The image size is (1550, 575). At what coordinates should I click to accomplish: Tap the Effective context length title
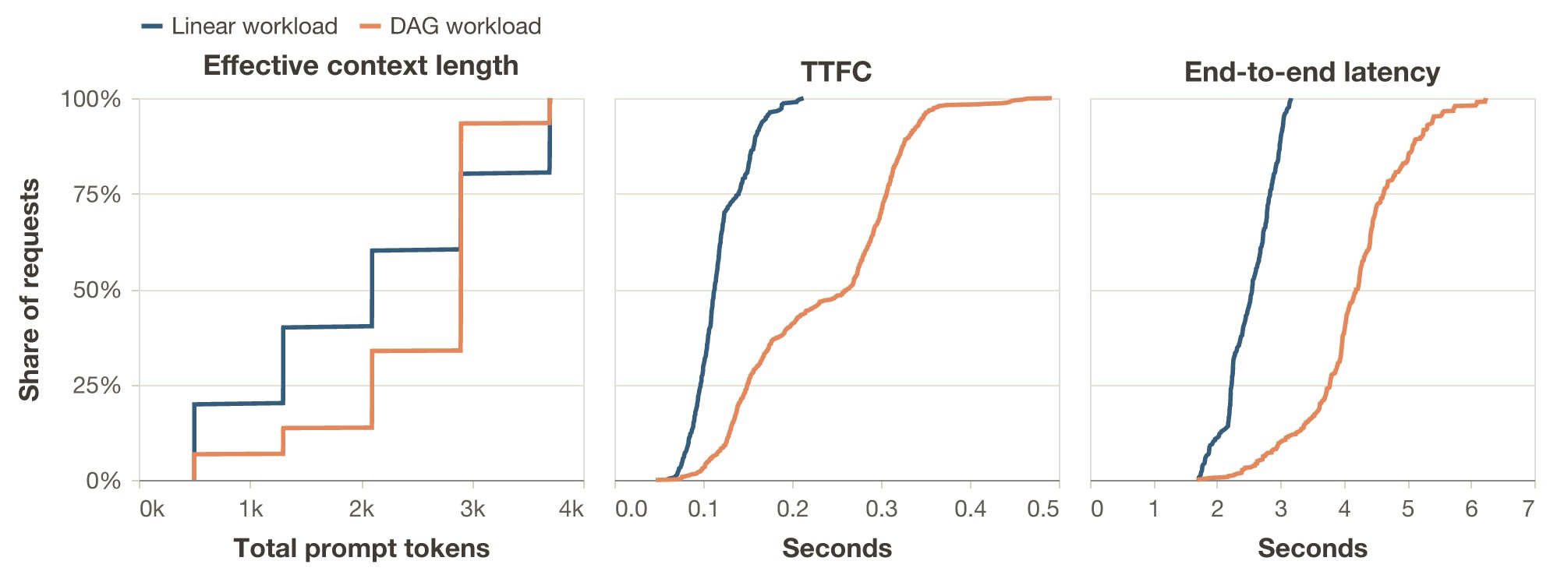[x=360, y=65]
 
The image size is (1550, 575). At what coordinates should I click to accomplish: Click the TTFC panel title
[x=836, y=72]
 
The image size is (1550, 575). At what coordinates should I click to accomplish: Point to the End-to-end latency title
[x=1311, y=72]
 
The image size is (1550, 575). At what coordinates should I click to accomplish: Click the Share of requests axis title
[x=29, y=290]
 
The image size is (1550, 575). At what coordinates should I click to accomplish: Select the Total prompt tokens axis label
[x=361, y=548]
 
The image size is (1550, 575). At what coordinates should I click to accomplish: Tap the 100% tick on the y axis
[x=91, y=100]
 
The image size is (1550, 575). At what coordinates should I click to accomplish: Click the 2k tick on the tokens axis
[x=361, y=510]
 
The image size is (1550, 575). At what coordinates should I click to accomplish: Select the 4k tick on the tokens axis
[x=572, y=510]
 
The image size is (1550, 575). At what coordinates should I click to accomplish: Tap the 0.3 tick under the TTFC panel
[x=881, y=510]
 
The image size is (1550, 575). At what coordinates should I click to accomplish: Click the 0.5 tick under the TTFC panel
[x=1043, y=510]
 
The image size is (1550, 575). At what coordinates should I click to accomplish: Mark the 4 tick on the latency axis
[x=1344, y=510]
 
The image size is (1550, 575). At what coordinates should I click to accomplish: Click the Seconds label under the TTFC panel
[x=837, y=548]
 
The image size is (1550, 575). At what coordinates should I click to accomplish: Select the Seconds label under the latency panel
[x=1312, y=548]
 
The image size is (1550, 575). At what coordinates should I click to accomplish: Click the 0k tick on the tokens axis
[x=151, y=510]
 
